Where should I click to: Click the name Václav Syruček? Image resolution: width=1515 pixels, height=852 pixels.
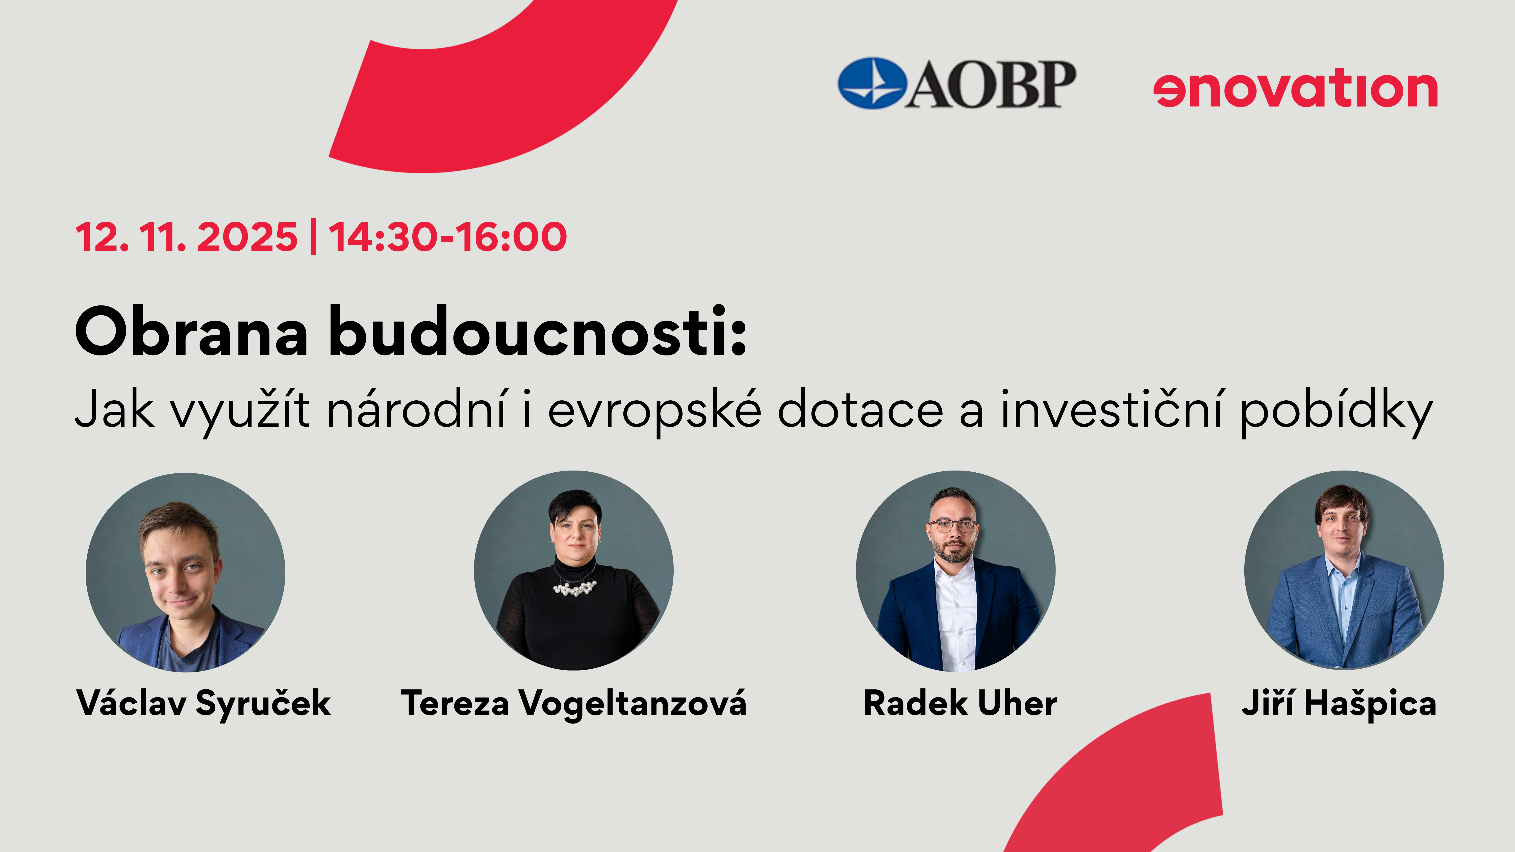point(204,703)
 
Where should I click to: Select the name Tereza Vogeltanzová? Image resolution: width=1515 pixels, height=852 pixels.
point(573,703)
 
